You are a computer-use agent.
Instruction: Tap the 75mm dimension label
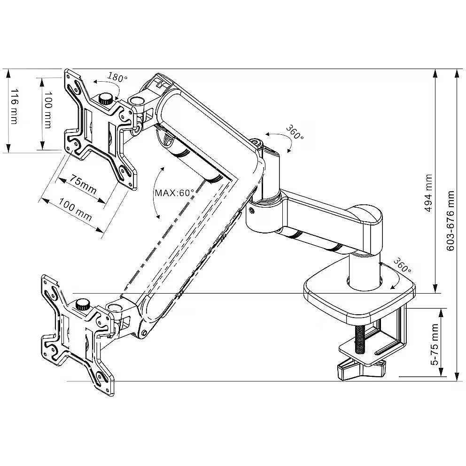84,184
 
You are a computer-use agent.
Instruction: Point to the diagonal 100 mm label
75,210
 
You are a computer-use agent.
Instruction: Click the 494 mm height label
428,193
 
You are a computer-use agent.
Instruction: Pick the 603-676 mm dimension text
450,221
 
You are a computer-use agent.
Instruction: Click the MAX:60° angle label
174,193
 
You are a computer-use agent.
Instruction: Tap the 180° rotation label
117,77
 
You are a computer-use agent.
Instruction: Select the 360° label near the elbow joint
294,133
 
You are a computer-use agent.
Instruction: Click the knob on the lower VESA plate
84,304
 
